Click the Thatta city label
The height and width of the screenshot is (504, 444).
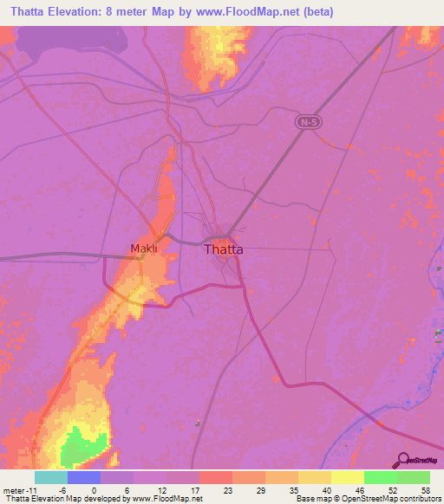click(223, 249)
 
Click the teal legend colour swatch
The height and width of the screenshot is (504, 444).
click(51, 477)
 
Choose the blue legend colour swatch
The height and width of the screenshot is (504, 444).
click(84, 477)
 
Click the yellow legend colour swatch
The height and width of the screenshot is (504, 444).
click(347, 477)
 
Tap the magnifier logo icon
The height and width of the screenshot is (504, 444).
click(402, 462)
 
